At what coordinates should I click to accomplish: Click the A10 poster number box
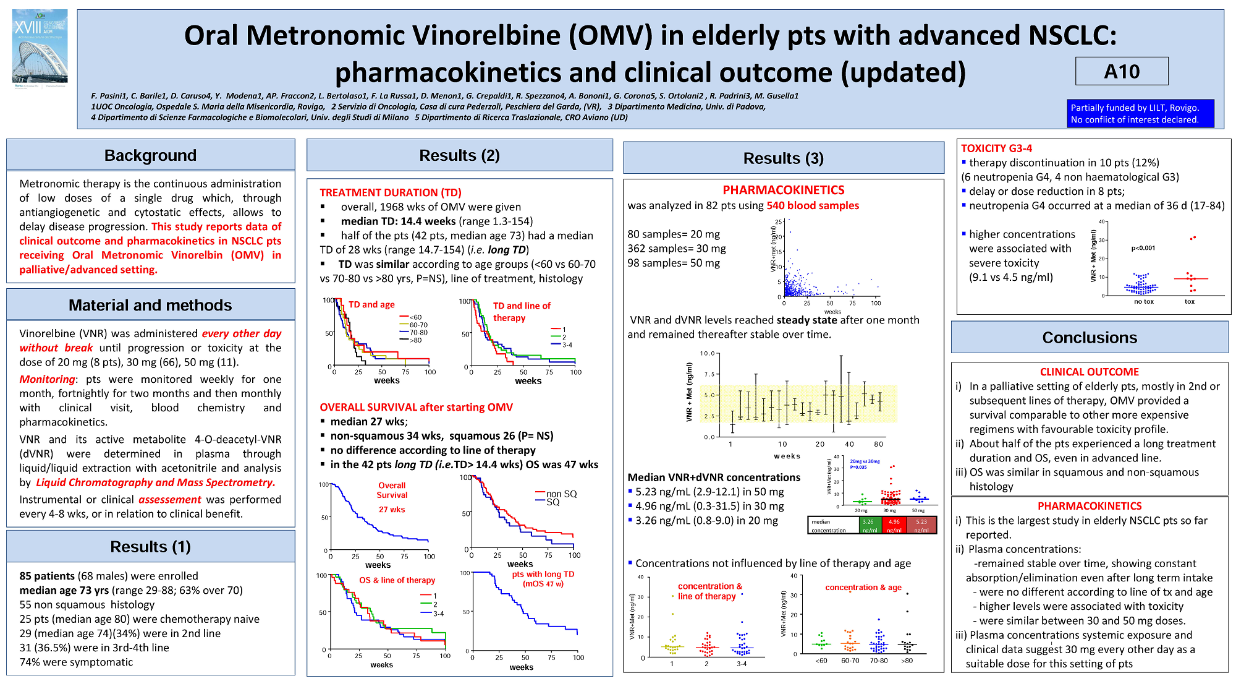click(1121, 71)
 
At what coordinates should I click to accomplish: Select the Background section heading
click(150, 155)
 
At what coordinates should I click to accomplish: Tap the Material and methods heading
click(150, 305)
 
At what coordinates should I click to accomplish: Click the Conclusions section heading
click(1089, 338)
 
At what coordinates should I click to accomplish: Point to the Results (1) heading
click(150, 547)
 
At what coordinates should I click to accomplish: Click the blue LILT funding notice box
click(1140, 114)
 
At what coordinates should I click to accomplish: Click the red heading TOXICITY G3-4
click(996, 148)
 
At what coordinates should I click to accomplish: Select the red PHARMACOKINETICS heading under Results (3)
click(783, 190)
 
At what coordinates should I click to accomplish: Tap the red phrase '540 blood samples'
click(812, 205)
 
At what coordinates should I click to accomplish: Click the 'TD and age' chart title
click(371, 304)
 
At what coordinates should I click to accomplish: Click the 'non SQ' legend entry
click(561, 494)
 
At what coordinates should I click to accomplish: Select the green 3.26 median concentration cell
click(869, 525)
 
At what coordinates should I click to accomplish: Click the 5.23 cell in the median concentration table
click(921, 525)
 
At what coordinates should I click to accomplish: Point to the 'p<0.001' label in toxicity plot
click(1143, 248)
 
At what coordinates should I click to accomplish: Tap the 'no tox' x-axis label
click(1143, 302)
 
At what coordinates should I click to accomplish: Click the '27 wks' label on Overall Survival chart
click(392, 510)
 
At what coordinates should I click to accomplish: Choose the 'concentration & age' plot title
click(863, 588)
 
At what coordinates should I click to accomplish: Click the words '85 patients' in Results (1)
click(47, 576)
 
